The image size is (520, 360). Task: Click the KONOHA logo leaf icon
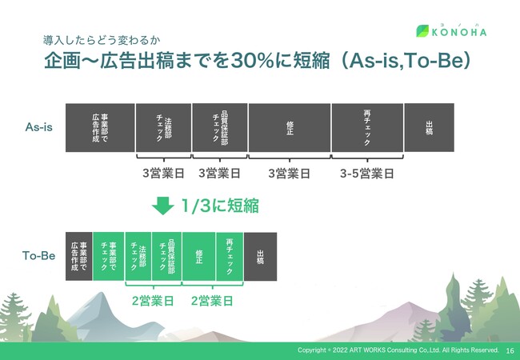click(422, 31)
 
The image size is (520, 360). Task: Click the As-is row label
click(39, 127)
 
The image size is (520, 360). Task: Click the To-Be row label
click(39, 255)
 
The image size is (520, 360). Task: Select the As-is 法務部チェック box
click(163, 128)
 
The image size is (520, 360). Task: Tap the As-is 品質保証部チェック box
click(220, 128)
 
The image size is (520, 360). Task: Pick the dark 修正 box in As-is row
click(290, 128)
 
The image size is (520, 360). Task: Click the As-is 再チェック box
click(367, 128)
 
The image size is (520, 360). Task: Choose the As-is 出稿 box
click(429, 128)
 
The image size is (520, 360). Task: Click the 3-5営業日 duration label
click(367, 174)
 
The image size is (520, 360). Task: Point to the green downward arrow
click(163, 206)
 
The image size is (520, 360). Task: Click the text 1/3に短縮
click(220, 206)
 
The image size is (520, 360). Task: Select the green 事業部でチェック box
click(109, 256)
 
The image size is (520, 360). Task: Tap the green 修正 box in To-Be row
click(199, 256)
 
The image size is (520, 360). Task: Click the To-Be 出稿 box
click(260, 256)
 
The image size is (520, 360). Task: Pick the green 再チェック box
click(230, 256)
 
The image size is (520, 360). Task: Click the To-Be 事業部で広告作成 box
click(79, 256)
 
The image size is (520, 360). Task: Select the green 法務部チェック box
click(138, 256)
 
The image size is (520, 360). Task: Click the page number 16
click(510, 350)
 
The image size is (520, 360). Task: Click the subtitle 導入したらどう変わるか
click(102, 41)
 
